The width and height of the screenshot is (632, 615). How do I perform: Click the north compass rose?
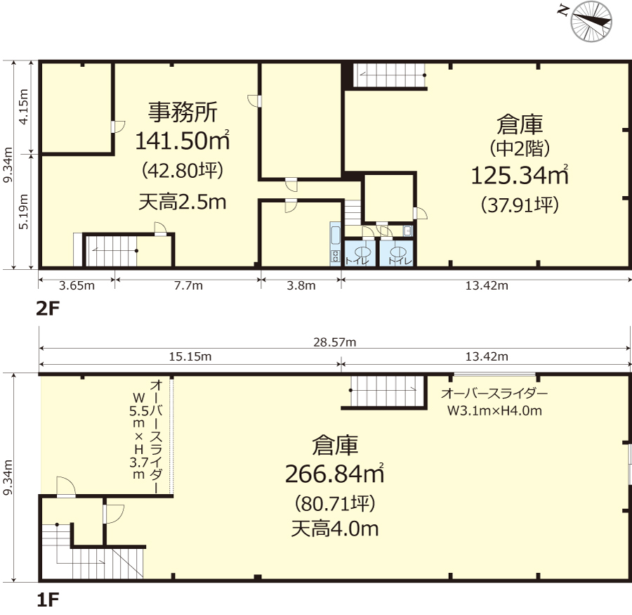click(x=591, y=21)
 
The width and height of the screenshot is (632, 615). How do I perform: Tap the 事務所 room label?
click(x=183, y=112)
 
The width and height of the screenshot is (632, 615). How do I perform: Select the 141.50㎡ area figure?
click(x=182, y=141)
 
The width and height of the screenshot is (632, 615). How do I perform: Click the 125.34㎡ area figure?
click(x=520, y=175)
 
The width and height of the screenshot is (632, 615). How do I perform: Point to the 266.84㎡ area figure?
click(x=334, y=474)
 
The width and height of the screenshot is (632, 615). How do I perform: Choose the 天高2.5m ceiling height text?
click(x=182, y=202)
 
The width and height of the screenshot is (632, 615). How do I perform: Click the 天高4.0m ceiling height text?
click(x=334, y=529)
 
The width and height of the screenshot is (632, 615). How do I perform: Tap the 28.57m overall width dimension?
click(x=334, y=342)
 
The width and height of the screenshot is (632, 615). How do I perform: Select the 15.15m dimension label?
click(x=190, y=357)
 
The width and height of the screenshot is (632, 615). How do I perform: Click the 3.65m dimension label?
click(x=77, y=285)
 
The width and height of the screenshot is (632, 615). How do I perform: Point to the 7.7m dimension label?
click(x=188, y=285)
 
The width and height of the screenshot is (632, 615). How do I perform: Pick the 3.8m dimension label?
click(x=301, y=285)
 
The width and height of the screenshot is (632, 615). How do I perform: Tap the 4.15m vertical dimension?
click(x=24, y=107)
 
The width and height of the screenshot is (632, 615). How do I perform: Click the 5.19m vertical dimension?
click(x=24, y=212)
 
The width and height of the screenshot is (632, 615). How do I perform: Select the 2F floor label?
click(x=48, y=309)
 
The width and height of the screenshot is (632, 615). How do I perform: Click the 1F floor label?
click(x=48, y=600)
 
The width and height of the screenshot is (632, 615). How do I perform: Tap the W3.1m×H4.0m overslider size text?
click(x=494, y=410)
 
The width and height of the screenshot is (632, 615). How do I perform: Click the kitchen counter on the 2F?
click(x=336, y=244)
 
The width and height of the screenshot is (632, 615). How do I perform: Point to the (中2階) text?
click(x=520, y=148)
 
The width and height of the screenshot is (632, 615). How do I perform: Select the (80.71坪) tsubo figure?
click(x=335, y=503)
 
